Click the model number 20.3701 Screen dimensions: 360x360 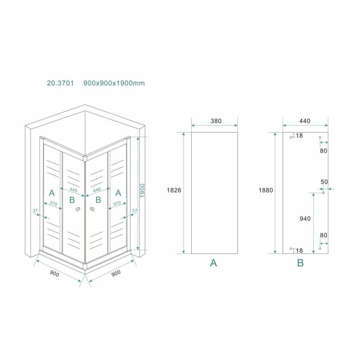60,83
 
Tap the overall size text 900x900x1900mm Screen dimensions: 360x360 114,83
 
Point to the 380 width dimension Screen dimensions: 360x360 215,121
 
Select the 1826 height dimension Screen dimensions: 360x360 174,191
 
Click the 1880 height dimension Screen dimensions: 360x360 266,191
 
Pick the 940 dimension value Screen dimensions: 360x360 304,218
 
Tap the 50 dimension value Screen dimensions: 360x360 324,182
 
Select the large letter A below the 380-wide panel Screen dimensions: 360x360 214,263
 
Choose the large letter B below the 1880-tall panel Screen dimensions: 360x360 300,263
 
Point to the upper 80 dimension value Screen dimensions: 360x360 324,151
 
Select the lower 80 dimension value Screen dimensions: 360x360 324,235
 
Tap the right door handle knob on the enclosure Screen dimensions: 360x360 92,209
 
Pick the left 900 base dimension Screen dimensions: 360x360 55,274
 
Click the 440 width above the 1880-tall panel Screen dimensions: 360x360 304,121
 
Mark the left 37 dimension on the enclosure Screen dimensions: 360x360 35,210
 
